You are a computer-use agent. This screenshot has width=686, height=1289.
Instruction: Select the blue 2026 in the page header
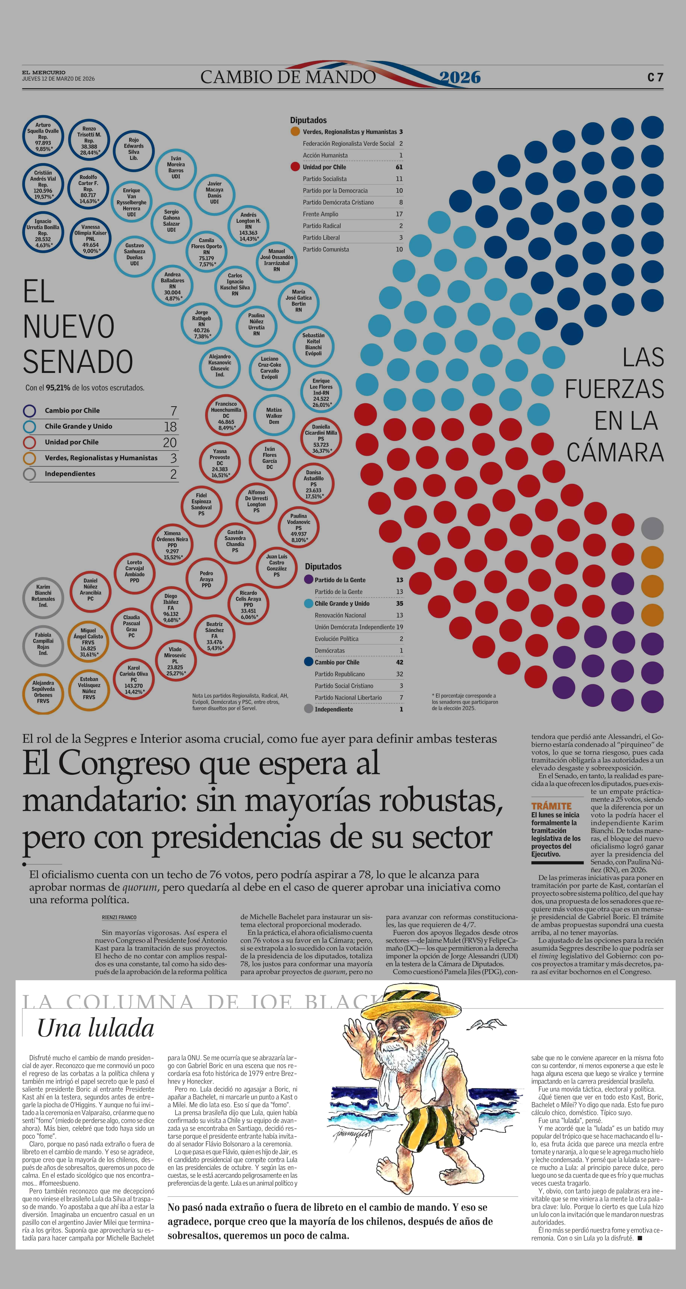tap(460, 77)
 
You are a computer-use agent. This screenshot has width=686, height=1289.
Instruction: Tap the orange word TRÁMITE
tap(551, 806)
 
